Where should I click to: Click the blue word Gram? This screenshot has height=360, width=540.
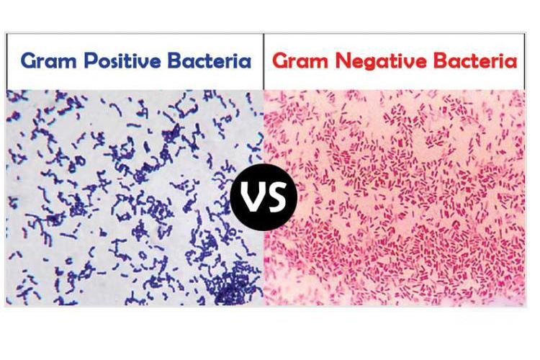(49, 61)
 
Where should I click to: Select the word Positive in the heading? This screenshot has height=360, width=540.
(122, 60)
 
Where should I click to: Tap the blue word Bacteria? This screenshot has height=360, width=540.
(210, 60)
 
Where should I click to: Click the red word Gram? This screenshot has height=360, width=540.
(300, 61)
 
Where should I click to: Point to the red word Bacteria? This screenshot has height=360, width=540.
(475, 60)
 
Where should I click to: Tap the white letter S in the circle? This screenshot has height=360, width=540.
(276, 197)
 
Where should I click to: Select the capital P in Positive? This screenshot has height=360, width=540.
(91, 60)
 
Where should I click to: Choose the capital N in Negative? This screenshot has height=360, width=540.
(343, 61)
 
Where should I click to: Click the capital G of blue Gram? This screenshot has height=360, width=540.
(29, 61)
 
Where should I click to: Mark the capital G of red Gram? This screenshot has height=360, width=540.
(280, 61)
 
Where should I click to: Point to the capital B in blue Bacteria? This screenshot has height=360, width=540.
(175, 60)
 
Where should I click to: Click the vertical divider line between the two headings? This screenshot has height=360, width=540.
(264, 61)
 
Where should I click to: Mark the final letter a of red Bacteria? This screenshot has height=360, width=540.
(511, 63)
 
